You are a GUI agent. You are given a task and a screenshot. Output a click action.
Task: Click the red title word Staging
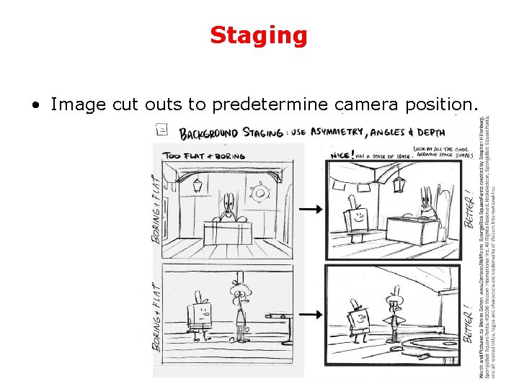click(259, 35)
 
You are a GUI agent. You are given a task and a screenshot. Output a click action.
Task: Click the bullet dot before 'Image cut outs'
click(35, 105)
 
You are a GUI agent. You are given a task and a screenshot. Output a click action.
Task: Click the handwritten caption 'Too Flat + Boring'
click(204, 155)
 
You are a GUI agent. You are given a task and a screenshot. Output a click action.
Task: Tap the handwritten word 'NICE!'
click(341, 155)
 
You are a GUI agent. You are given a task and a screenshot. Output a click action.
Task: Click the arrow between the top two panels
click(311, 209)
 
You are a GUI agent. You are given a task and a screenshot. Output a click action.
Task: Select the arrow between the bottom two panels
click(311, 315)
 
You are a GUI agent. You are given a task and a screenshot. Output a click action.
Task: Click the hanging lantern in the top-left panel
click(197, 184)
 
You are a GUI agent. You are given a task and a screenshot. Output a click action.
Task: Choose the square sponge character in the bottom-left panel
click(201, 313)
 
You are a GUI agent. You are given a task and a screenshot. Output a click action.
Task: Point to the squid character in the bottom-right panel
click(393, 313)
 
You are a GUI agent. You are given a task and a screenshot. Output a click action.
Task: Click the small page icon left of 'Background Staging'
click(162, 130)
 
